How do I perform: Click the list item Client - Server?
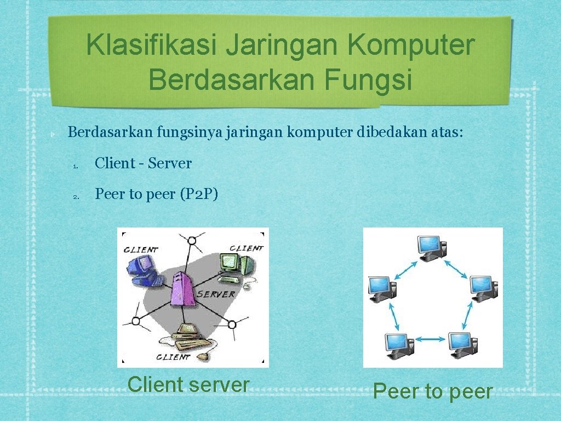pos(143,163)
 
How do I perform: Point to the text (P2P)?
pos(199,194)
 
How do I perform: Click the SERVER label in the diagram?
pos(216,294)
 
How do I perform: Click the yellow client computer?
pos(189,335)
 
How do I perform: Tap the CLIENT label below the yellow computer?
pos(173,357)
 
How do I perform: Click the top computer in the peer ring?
pos(431,248)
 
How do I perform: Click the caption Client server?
pos(188,384)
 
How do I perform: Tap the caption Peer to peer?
pos(433,391)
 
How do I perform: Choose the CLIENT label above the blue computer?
pos(141,249)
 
